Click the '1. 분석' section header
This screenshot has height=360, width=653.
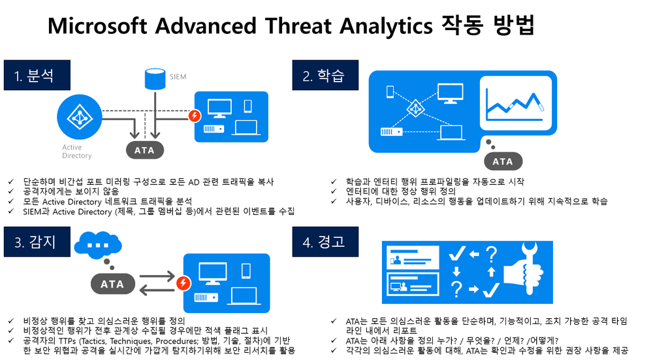tap(38, 76)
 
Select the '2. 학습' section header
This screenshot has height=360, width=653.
tap(323, 76)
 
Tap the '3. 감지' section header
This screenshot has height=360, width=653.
tap(38, 242)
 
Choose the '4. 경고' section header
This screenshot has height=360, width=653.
tap(323, 242)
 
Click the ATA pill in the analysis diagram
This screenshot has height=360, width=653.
tap(144, 150)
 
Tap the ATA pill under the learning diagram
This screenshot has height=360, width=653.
tap(503, 161)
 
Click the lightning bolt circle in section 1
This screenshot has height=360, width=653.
tap(194, 116)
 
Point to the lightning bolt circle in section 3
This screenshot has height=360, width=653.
tap(185, 284)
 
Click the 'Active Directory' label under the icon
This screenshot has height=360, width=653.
tap(76, 152)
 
